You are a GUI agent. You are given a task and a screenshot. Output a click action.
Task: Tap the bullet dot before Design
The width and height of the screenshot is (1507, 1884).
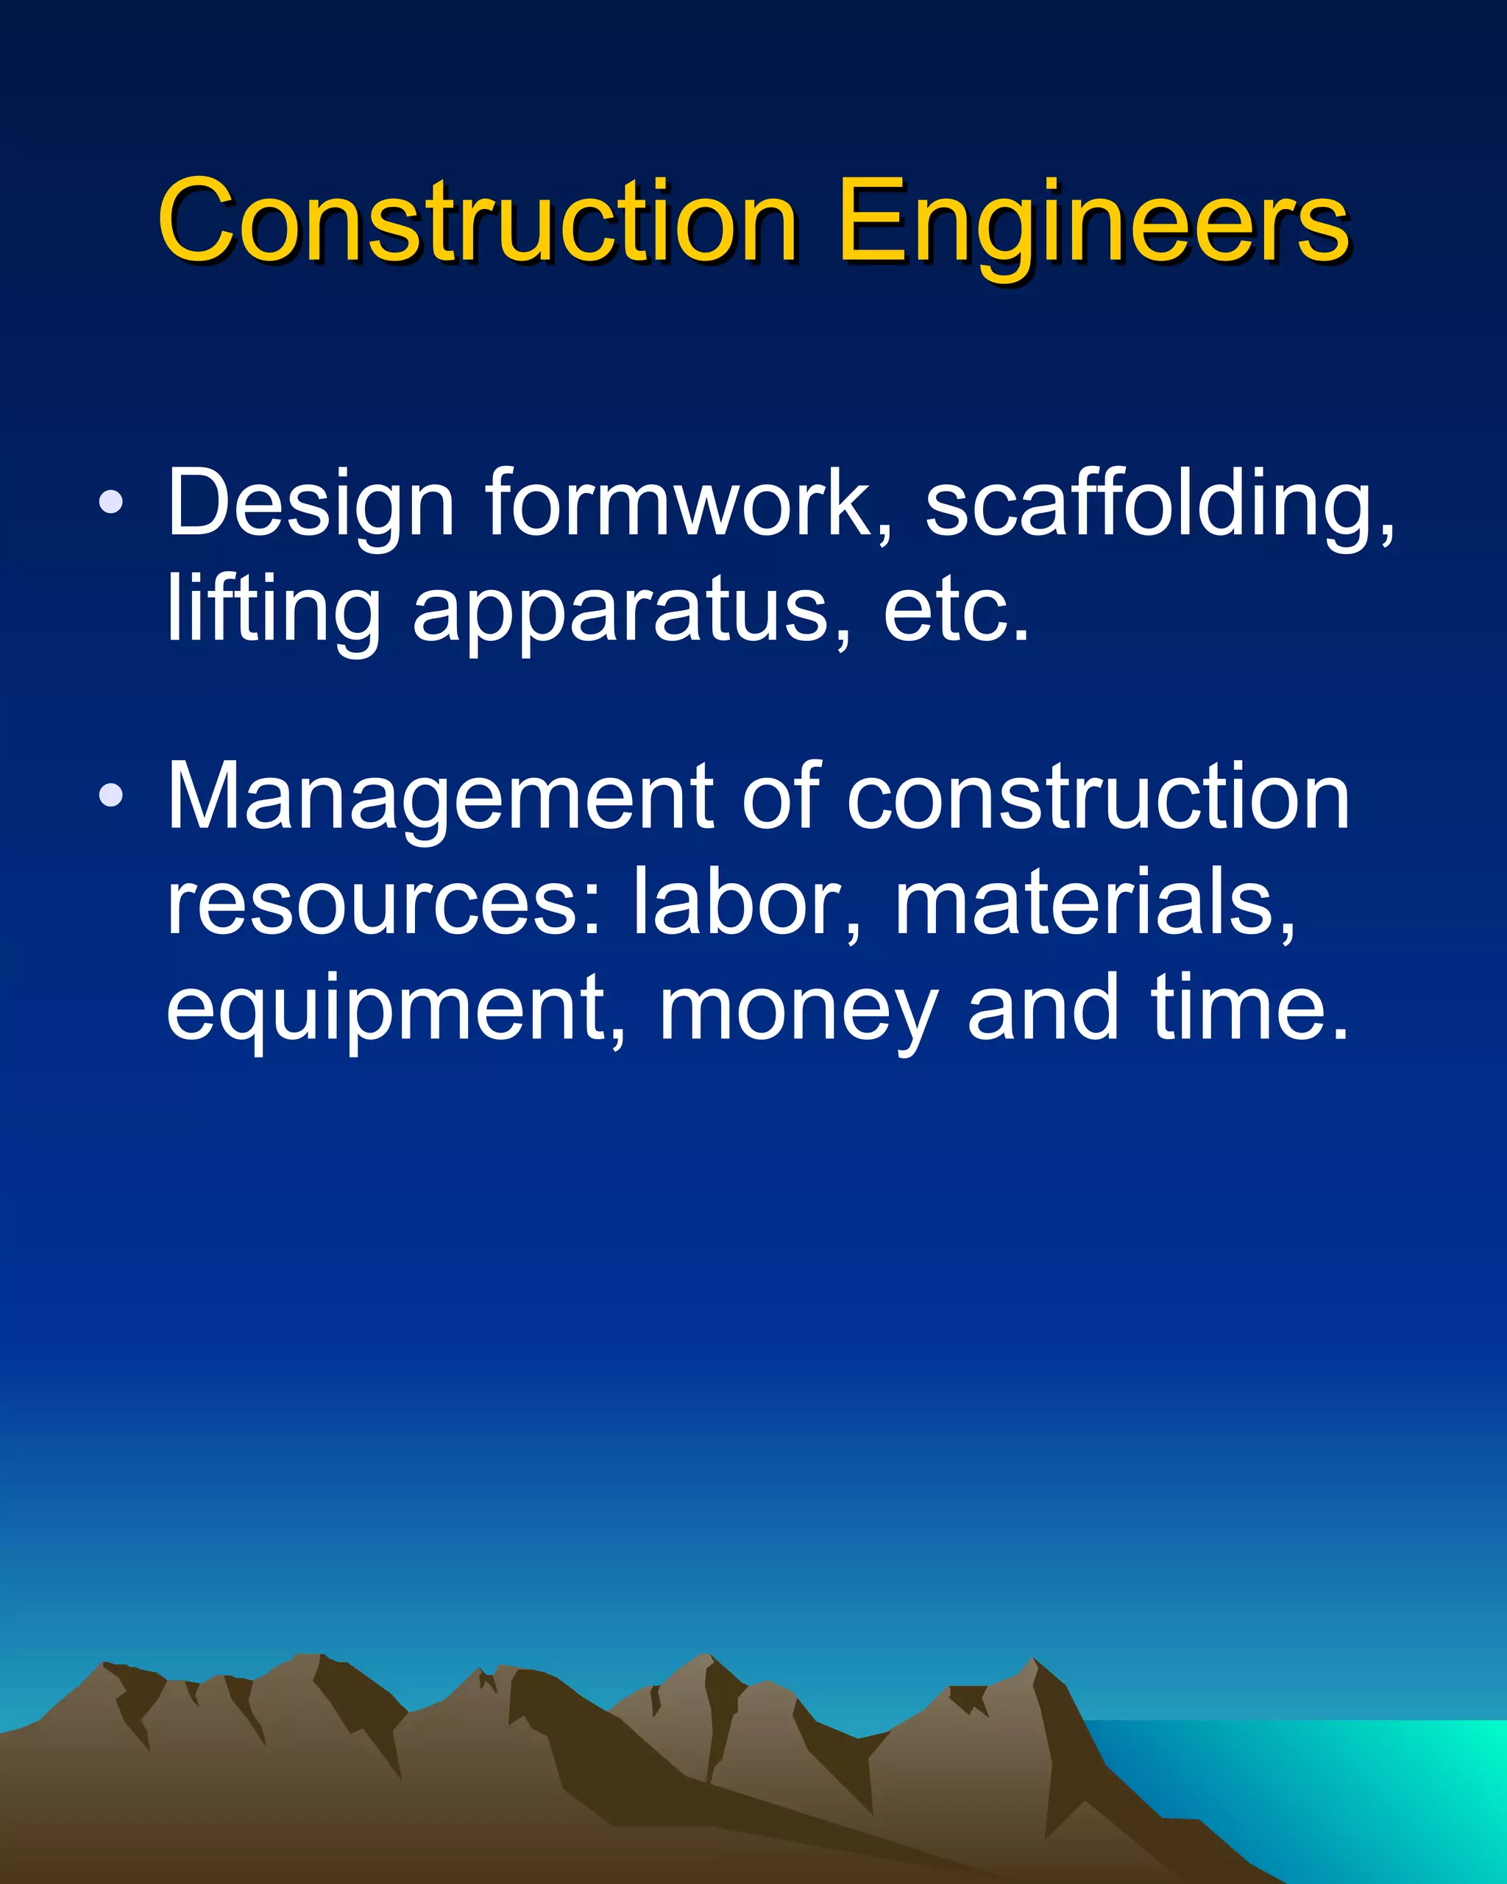coord(111,502)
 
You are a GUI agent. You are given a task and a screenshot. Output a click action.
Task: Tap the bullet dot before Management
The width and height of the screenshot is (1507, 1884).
coord(111,796)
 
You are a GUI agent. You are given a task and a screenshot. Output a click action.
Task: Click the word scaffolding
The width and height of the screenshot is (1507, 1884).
coord(1158,505)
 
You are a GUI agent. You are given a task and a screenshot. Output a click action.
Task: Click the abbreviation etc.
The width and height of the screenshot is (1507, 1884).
coord(956,610)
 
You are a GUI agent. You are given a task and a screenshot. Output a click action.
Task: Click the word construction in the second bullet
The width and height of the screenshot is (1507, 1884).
coord(1098,797)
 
